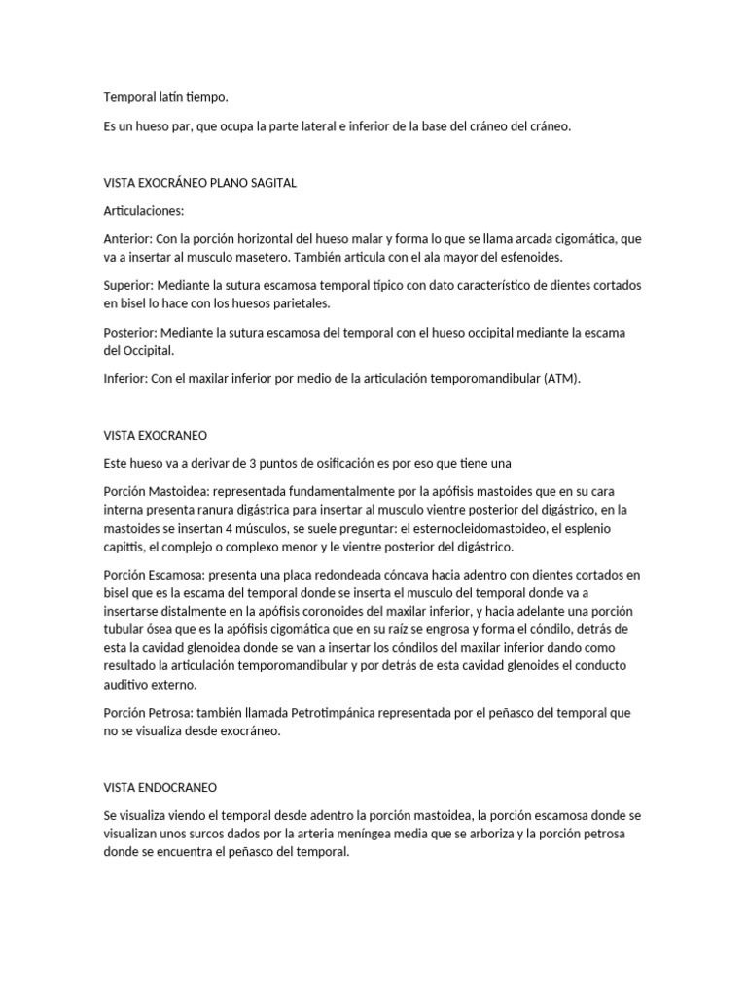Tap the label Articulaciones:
(x=143, y=210)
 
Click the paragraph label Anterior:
(x=127, y=238)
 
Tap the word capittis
(x=125, y=547)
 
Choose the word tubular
(x=128, y=629)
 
